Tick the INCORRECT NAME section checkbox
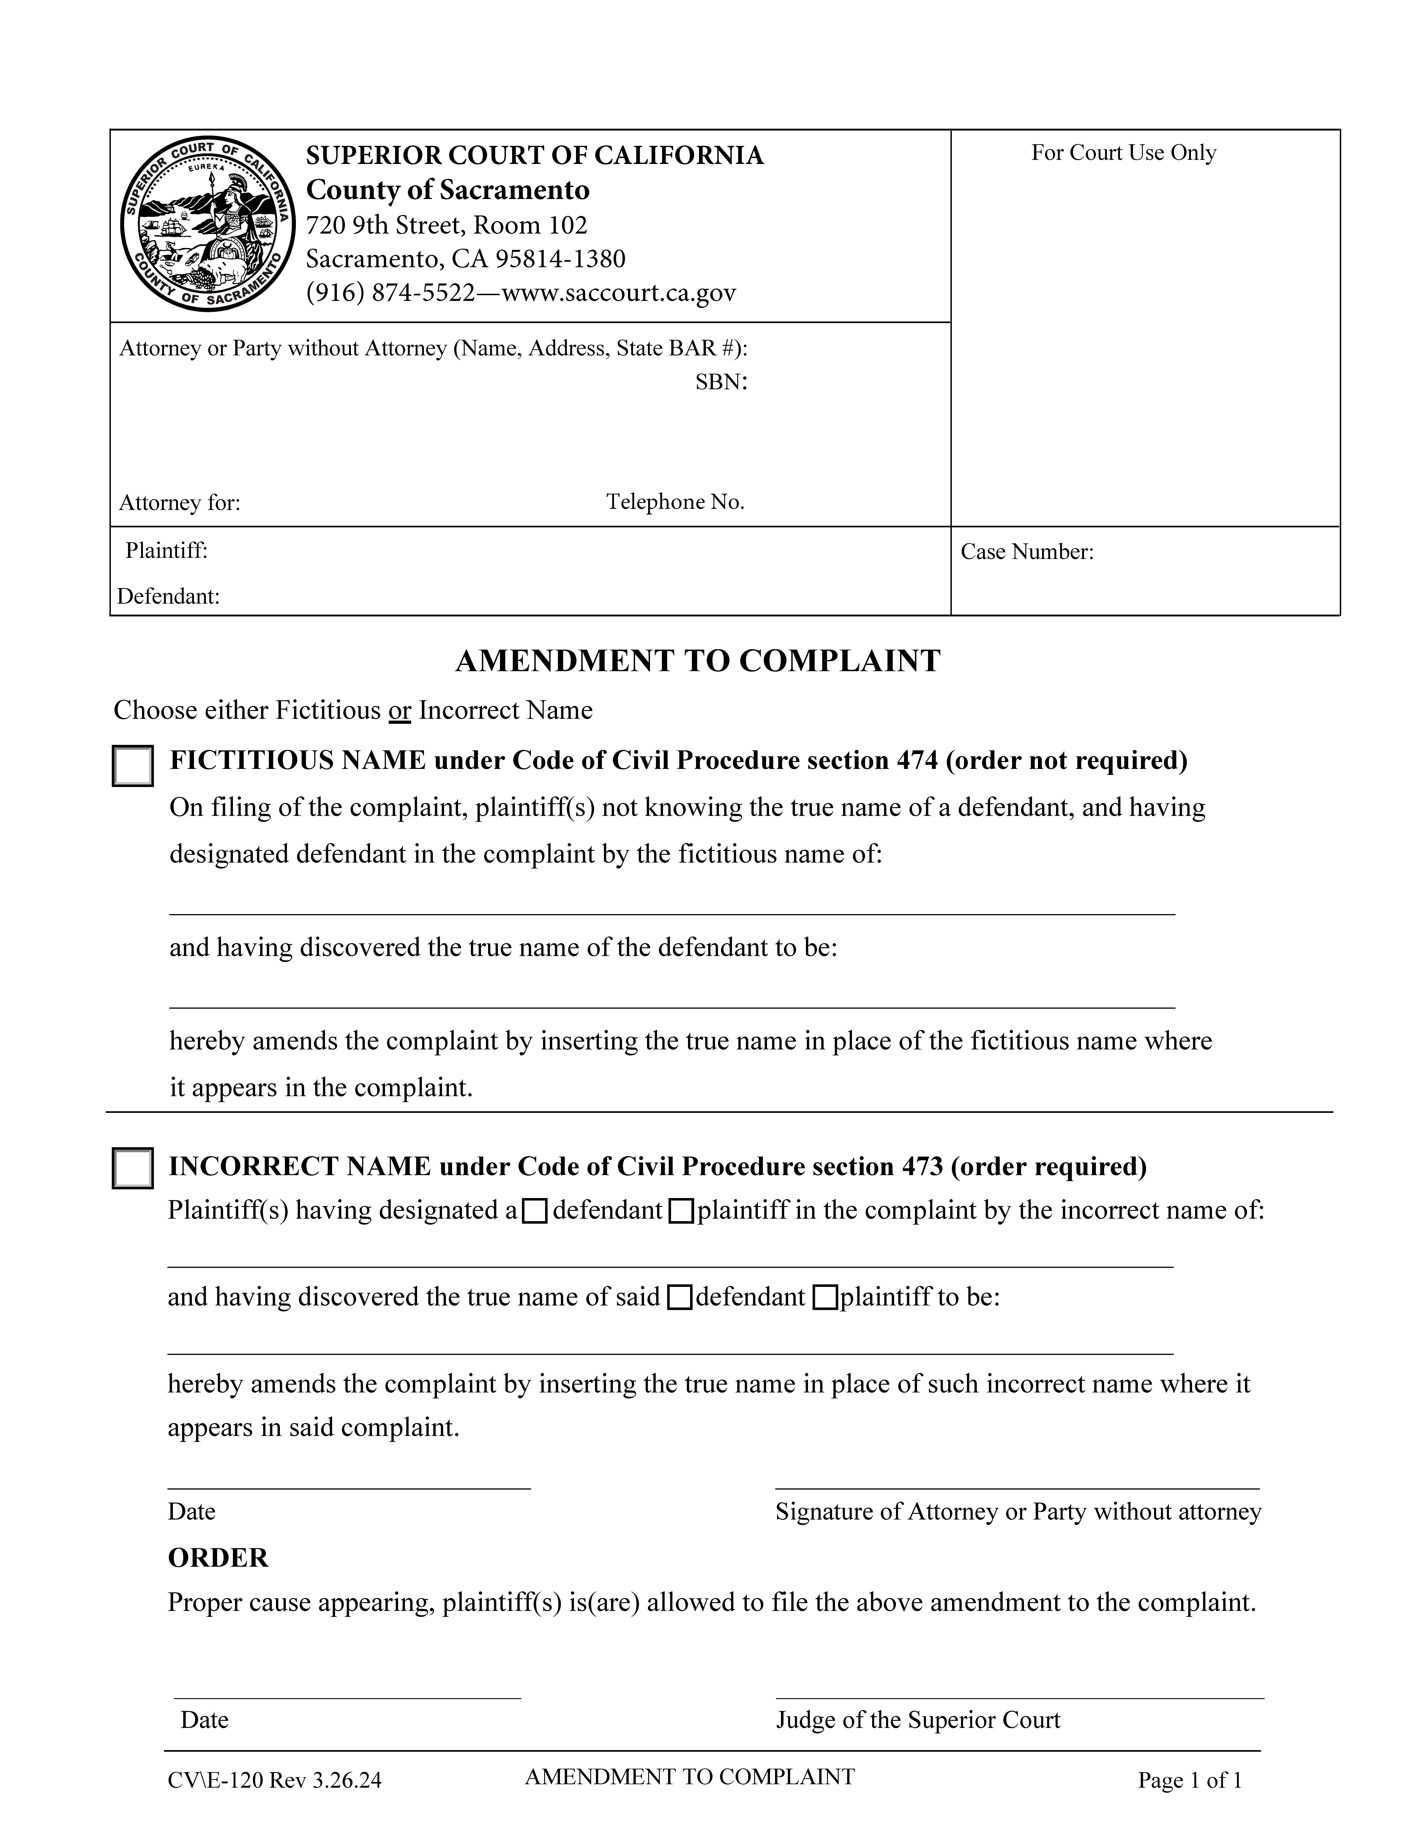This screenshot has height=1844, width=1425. click(133, 1169)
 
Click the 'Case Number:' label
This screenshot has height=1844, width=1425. click(1026, 552)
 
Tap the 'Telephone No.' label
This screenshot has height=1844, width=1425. click(675, 502)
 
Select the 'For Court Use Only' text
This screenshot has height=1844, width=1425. click(1123, 153)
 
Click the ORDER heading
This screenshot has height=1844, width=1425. click(218, 1558)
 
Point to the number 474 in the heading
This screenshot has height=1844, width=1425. click(917, 761)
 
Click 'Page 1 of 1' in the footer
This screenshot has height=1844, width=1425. click(1189, 1781)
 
